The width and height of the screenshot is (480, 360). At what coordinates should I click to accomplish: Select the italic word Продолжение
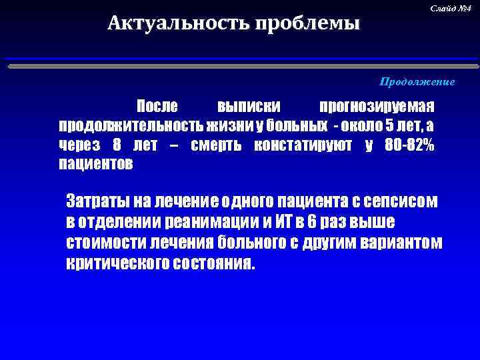click(417, 82)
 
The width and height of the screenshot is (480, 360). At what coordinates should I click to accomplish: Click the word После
click(157, 107)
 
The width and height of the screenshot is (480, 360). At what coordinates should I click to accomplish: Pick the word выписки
click(249, 107)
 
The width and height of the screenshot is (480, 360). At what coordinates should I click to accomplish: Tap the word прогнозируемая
click(377, 107)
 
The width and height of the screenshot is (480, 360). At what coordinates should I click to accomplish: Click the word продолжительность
click(131, 126)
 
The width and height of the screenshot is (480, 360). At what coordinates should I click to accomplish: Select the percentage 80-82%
click(409, 145)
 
